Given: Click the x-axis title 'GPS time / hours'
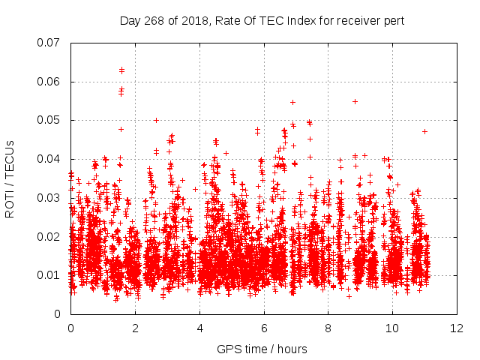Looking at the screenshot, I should coord(262,349).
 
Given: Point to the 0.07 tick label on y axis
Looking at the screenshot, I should coord(49,43).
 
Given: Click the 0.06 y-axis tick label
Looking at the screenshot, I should coord(49,82).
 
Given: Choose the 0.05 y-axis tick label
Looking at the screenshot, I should coord(49,120).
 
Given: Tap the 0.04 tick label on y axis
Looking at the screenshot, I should coord(49,159).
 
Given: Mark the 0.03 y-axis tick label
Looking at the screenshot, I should coord(49,198).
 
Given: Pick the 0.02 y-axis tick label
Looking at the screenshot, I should coord(49,237).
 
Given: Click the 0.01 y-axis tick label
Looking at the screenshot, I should coord(49,275).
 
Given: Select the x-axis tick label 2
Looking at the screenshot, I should coord(136,328).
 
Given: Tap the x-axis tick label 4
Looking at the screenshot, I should coord(199,328).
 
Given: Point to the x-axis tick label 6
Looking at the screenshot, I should coord(264,328).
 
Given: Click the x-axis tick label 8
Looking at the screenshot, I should coord(328,328).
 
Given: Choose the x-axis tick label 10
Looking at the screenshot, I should coord(392,328).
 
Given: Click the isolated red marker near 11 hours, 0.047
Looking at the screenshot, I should coord(424,131).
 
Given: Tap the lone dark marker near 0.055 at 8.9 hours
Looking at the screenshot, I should coord(355,101).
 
